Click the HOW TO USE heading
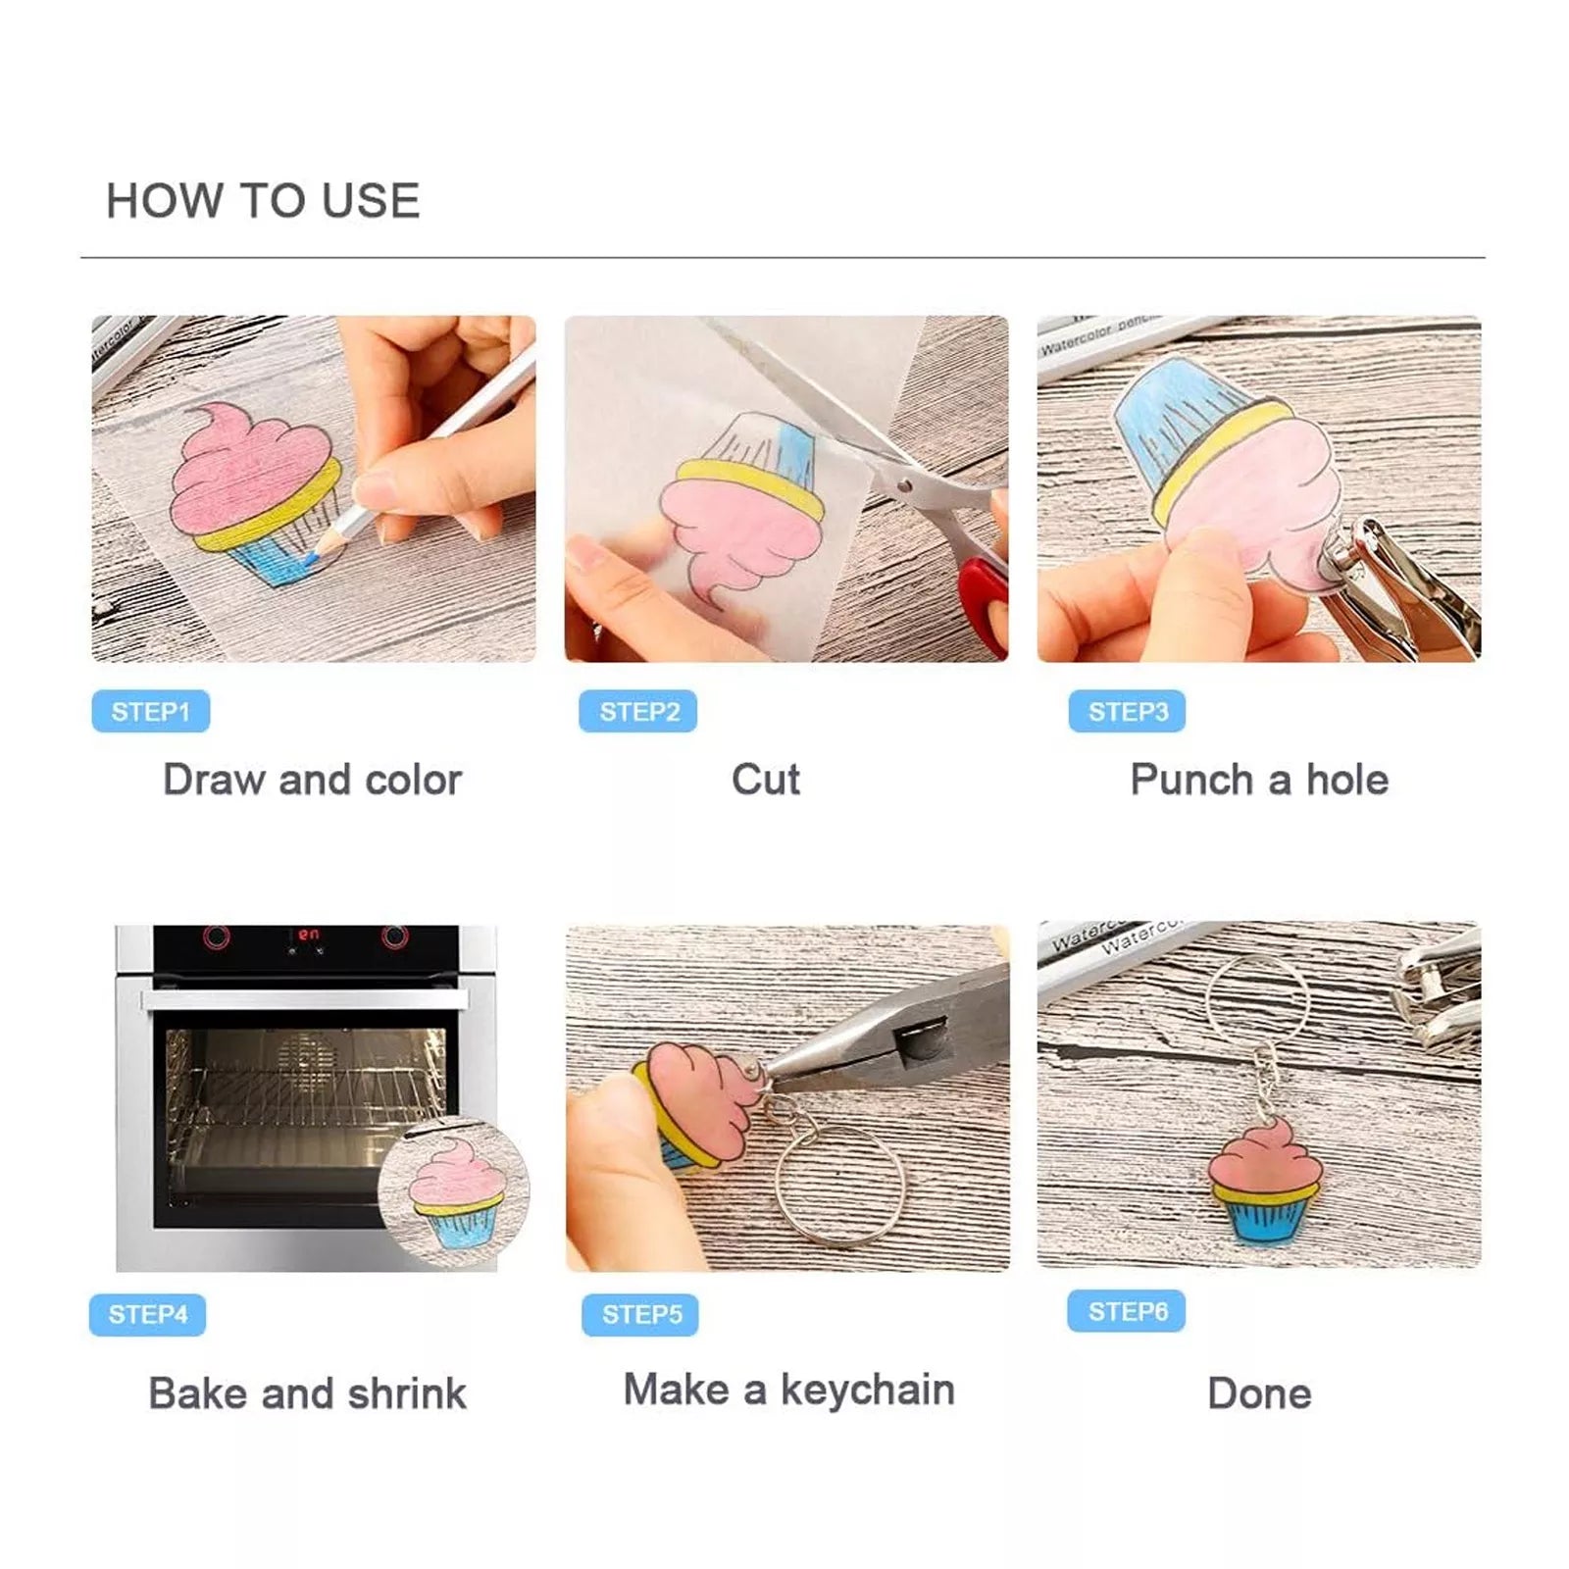click(x=263, y=201)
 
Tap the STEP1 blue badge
click(x=151, y=711)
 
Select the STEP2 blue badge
click(x=638, y=711)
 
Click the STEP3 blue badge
click(x=1128, y=711)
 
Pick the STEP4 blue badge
click(x=148, y=1314)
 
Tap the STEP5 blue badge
click(x=641, y=1314)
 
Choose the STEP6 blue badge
click(x=1127, y=1311)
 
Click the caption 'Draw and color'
click(x=312, y=780)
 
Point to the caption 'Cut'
click(x=766, y=780)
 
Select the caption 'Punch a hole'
click(x=1259, y=780)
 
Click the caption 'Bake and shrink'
click(x=307, y=1392)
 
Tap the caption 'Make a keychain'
click(x=789, y=1391)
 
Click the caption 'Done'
click(x=1259, y=1392)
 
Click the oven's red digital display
click(x=309, y=935)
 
